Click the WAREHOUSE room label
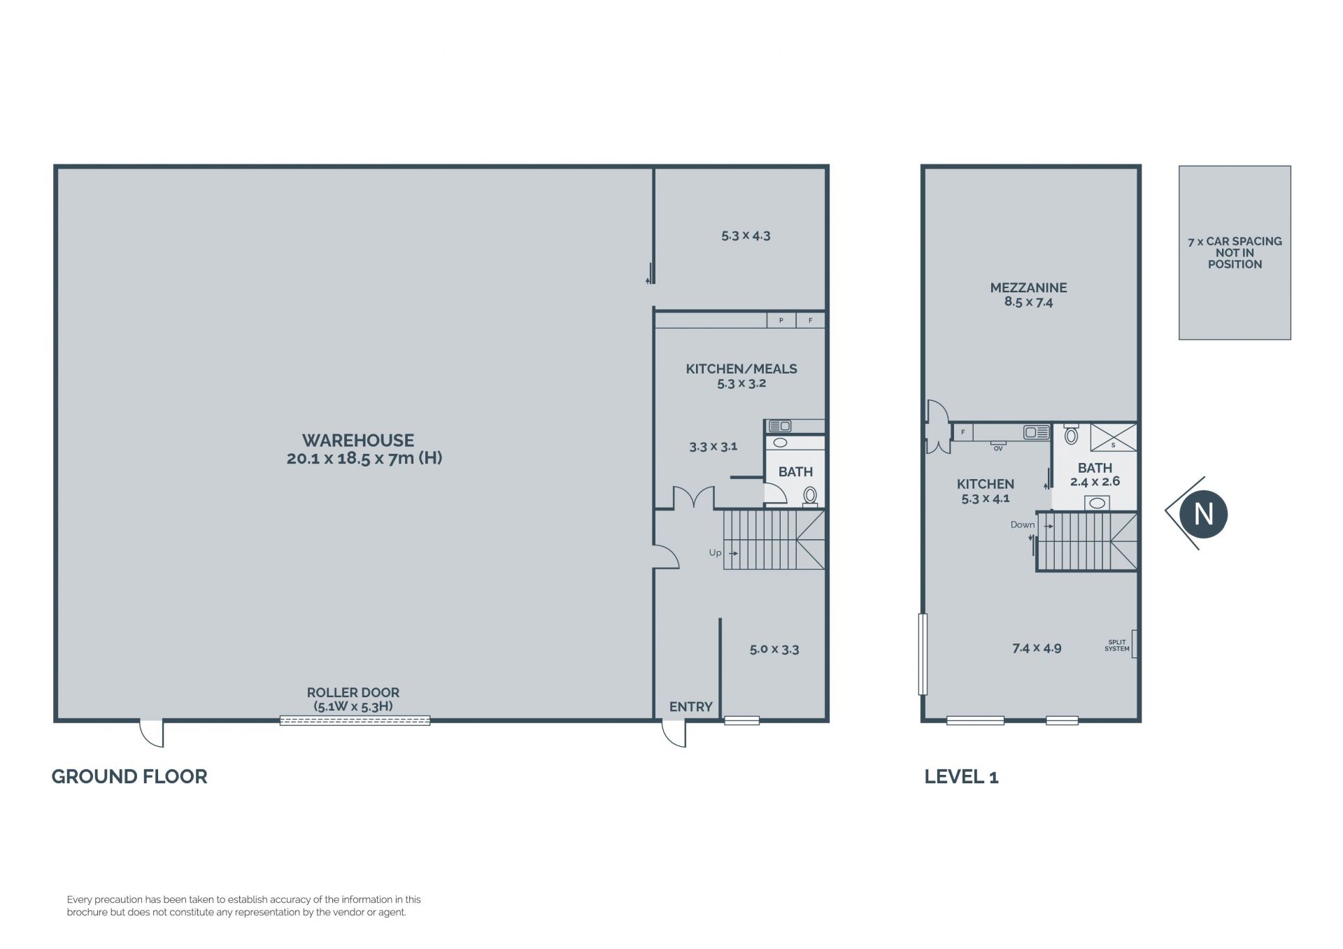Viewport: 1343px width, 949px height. tap(358, 441)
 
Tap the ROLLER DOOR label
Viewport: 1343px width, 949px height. tap(353, 692)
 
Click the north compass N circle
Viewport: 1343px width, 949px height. tap(1203, 515)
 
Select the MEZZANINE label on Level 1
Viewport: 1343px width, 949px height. tap(1028, 287)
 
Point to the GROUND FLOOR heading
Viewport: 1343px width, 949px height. tap(129, 776)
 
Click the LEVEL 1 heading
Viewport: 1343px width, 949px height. tap(961, 776)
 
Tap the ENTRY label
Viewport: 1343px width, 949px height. tap(690, 707)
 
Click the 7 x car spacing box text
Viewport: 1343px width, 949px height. tap(1235, 252)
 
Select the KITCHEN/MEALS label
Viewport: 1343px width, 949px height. tap(741, 369)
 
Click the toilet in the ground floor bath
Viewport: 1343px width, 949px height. tap(810, 496)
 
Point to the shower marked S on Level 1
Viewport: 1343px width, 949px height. tap(1113, 437)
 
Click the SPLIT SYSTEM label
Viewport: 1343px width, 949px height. tap(1117, 645)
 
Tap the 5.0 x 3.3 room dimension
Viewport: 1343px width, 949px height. tap(774, 649)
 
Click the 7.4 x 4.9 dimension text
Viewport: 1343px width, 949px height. tap(1037, 648)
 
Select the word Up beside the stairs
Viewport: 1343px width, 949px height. tap(715, 552)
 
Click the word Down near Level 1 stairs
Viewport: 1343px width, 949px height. tap(1022, 525)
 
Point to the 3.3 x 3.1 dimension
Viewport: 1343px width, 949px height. tap(713, 446)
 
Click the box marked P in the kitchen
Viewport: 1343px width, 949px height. tap(781, 320)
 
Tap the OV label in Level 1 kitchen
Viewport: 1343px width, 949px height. tap(998, 448)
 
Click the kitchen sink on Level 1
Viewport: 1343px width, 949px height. tap(1037, 432)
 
